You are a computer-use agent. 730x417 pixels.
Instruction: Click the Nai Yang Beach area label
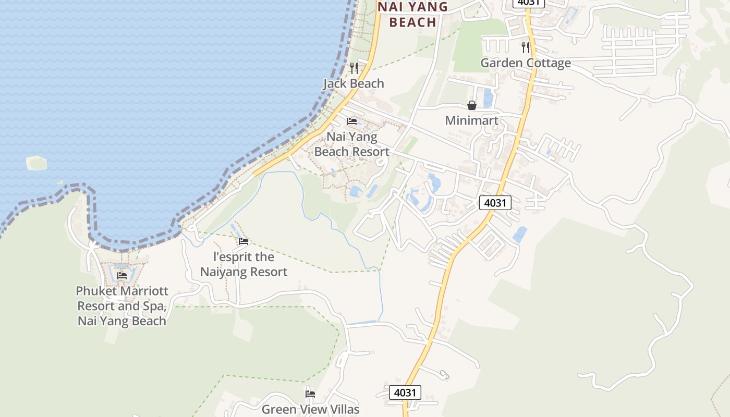[x=413, y=14]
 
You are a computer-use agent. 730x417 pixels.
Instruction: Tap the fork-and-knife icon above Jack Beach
[x=354, y=68]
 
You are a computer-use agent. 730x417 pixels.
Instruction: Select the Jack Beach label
[x=354, y=83]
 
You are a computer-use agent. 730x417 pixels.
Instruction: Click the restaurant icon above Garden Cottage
[x=526, y=47]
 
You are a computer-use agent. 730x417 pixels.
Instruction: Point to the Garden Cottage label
[x=526, y=63]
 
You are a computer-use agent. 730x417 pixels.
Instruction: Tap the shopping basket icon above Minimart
[x=472, y=105]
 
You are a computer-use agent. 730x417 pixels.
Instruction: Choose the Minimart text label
[x=472, y=120]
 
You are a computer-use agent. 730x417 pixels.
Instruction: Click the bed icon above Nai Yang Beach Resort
[x=352, y=121]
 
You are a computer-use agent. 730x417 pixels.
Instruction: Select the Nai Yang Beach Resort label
[x=352, y=144]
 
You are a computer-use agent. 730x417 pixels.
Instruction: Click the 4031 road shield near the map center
[x=495, y=203]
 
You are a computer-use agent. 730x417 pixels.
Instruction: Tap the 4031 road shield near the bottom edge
[x=405, y=393]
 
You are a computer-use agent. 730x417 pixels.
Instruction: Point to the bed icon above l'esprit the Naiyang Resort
[x=244, y=241]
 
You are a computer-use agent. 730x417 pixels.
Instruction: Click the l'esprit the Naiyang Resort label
[x=244, y=264]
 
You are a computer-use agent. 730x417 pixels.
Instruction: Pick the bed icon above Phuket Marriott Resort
[x=122, y=275]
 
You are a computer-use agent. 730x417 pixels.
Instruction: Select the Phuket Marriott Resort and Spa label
[x=122, y=305]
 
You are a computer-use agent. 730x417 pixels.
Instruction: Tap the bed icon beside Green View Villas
[x=310, y=394]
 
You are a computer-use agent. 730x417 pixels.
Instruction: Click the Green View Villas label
[x=311, y=409]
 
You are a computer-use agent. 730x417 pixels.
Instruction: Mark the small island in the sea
[x=36, y=163]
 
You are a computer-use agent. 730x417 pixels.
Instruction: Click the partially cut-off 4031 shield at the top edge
[x=529, y=3]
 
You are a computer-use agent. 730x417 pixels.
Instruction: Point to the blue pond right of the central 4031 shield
[x=520, y=234]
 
